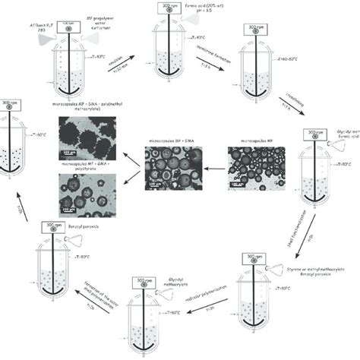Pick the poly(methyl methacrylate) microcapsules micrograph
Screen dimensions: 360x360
pos(87,141)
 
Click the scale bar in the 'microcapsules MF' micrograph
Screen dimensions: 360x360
pos(238,184)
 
